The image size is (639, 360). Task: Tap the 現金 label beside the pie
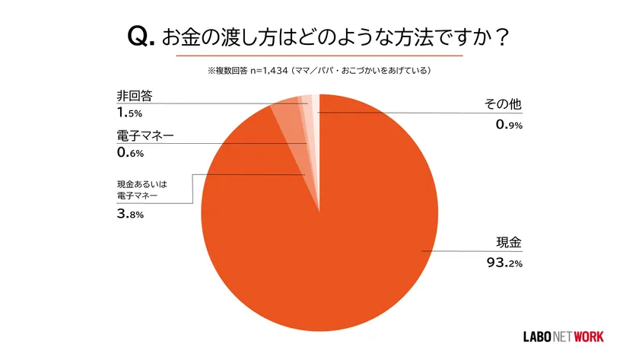(x=509, y=244)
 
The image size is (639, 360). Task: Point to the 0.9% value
(x=504, y=125)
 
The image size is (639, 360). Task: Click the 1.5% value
(x=130, y=114)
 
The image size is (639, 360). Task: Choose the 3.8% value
(x=130, y=215)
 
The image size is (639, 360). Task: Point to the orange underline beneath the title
(x=319, y=56)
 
